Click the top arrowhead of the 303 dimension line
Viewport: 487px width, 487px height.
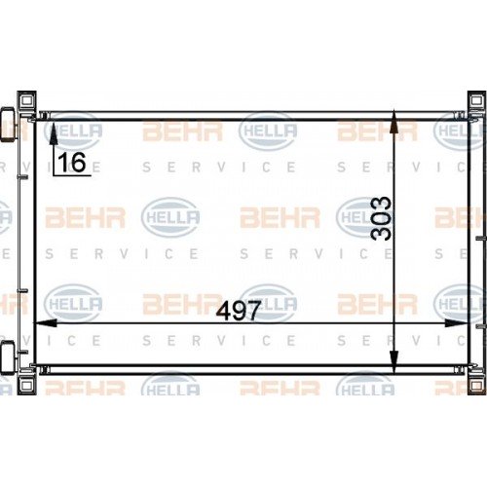(393, 121)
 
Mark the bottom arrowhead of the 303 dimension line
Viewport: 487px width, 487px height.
(393, 363)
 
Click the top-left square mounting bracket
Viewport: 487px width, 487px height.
(25, 101)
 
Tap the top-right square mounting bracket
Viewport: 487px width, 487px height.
(476, 101)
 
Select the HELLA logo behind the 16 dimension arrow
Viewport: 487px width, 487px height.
(74, 131)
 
